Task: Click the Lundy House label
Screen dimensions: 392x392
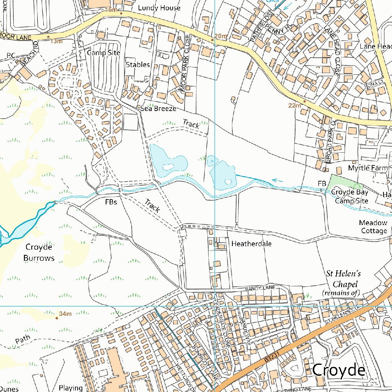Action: [x=159, y=8]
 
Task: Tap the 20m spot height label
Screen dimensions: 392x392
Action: [x=221, y=36]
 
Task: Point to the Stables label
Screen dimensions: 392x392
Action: [x=138, y=64]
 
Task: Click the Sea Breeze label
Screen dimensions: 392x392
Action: [x=158, y=109]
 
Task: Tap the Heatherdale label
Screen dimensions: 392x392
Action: [x=251, y=243]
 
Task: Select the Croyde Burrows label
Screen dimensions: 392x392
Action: [x=39, y=252]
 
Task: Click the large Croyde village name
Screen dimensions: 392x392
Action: [x=339, y=370]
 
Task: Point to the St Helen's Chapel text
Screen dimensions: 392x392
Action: [x=343, y=283]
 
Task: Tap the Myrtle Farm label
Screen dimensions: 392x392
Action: [x=367, y=168]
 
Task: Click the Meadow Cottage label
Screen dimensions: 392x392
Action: [x=373, y=227]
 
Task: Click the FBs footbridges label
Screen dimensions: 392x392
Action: [x=111, y=202]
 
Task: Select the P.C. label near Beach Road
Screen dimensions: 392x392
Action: [x=11, y=56]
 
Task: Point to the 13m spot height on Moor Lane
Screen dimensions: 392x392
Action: [x=56, y=41]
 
